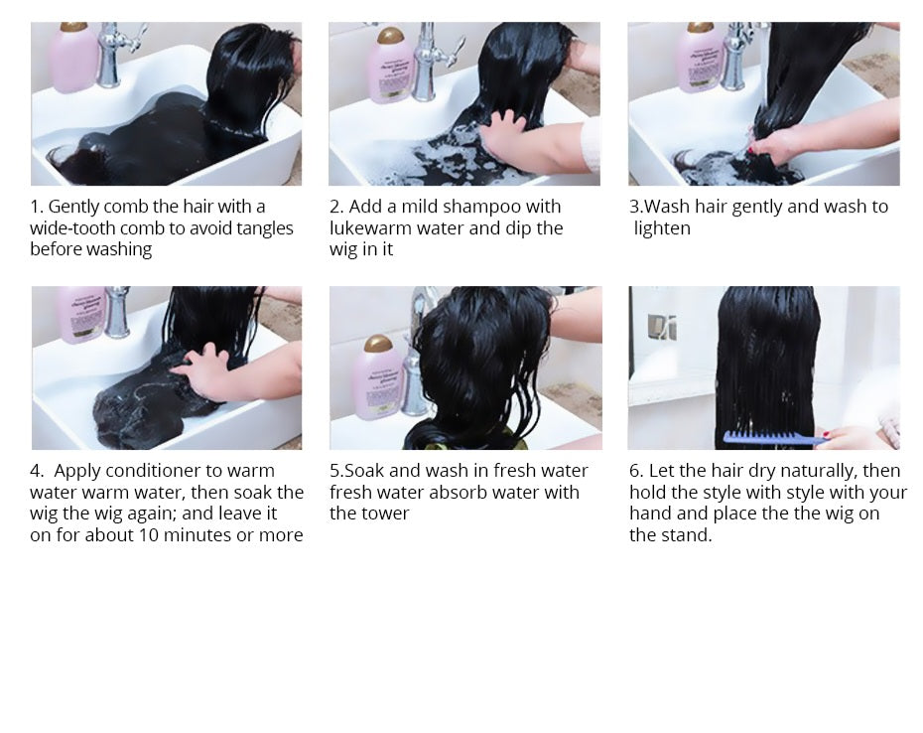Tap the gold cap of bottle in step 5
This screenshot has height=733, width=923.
(x=378, y=346)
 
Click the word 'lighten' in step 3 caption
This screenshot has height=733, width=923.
(x=662, y=228)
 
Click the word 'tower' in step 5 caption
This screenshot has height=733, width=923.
(x=384, y=513)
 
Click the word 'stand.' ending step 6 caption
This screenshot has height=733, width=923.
(x=685, y=535)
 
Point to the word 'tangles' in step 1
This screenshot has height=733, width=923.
(x=262, y=228)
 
